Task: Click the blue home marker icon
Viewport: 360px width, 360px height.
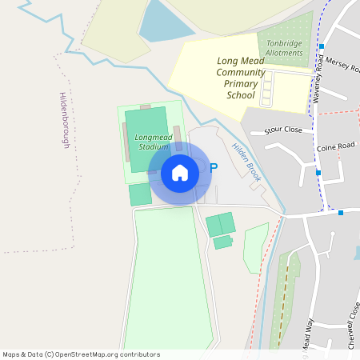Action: [180, 173]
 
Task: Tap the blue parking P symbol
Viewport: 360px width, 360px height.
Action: [214, 168]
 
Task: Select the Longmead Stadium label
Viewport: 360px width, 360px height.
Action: [152, 142]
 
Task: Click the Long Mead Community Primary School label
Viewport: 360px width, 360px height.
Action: [239, 78]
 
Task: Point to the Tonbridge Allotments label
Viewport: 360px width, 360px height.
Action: [285, 47]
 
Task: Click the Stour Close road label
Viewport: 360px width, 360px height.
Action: [283, 128]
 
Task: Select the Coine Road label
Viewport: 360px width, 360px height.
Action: [335, 147]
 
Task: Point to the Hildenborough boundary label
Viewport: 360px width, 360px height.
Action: [65, 120]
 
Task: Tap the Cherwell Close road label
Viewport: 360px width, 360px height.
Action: [351, 323]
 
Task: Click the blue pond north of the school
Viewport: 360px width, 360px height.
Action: [166, 21]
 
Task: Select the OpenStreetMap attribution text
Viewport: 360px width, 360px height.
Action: [81, 354]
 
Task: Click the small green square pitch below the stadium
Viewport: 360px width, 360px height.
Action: [140, 194]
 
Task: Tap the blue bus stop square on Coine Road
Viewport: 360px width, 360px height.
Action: [318, 173]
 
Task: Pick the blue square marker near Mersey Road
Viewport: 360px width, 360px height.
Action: [320, 46]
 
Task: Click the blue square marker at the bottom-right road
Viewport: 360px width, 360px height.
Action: [341, 213]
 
